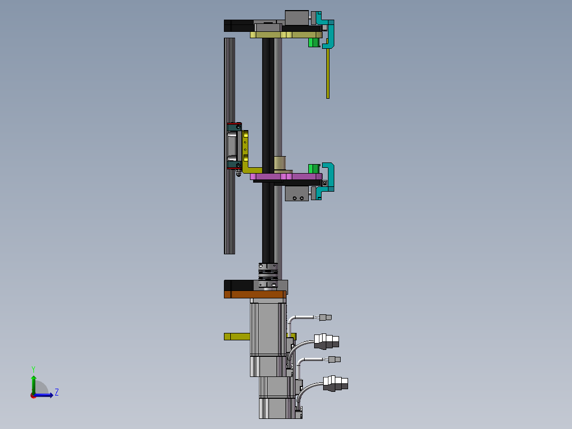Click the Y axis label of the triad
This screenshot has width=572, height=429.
pyautogui.click(x=33, y=369)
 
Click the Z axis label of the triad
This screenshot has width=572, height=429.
pyautogui.click(x=57, y=392)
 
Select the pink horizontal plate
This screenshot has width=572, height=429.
pyautogui.click(x=286, y=177)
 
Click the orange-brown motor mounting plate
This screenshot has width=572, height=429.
pyautogui.click(x=255, y=294)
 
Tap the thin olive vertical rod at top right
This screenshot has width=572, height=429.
pyautogui.click(x=328, y=73)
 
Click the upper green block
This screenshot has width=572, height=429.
pyautogui.click(x=314, y=42)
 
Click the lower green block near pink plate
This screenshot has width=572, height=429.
pyautogui.click(x=314, y=169)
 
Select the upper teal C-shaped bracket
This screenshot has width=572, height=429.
pyautogui.click(x=326, y=30)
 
